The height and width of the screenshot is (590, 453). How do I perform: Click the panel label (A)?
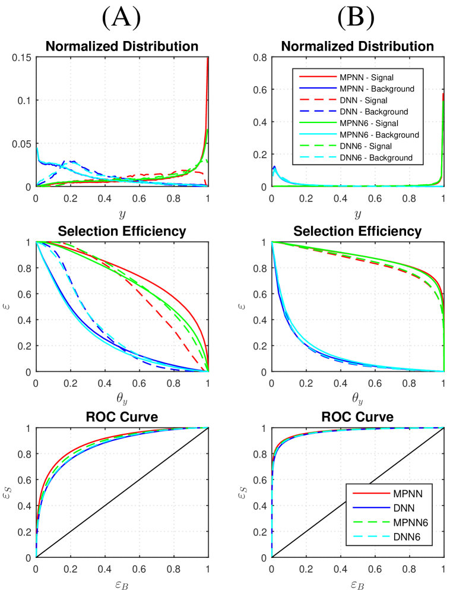coord(121,18)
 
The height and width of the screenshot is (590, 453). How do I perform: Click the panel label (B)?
coord(356,18)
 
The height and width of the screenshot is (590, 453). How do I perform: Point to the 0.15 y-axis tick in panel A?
coord(23,58)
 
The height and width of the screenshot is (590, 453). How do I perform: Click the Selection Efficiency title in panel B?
coord(357,231)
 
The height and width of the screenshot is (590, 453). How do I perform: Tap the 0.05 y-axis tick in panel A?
coord(23,144)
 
